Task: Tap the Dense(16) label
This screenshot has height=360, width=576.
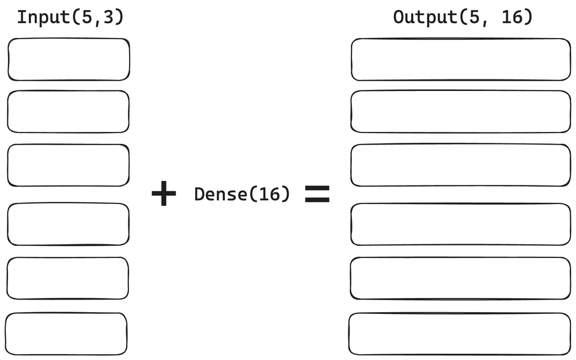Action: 242,195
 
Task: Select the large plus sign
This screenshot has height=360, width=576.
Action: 164,194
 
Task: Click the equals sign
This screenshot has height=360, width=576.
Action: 317,195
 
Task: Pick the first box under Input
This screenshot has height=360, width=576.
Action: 69,59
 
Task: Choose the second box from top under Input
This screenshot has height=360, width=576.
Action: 68,112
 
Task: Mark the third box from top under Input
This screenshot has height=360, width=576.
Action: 68,165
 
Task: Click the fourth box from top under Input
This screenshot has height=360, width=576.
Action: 68,224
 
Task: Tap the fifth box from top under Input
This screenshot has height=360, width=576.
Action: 68,278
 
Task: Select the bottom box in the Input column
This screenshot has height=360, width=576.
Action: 66,334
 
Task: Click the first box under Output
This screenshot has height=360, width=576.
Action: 461,59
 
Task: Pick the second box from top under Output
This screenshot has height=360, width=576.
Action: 461,112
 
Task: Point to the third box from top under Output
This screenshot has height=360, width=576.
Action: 461,165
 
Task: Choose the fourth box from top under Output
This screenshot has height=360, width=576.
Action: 461,224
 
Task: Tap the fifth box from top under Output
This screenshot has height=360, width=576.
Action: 461,278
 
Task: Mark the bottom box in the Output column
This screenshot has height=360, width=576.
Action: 460,334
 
